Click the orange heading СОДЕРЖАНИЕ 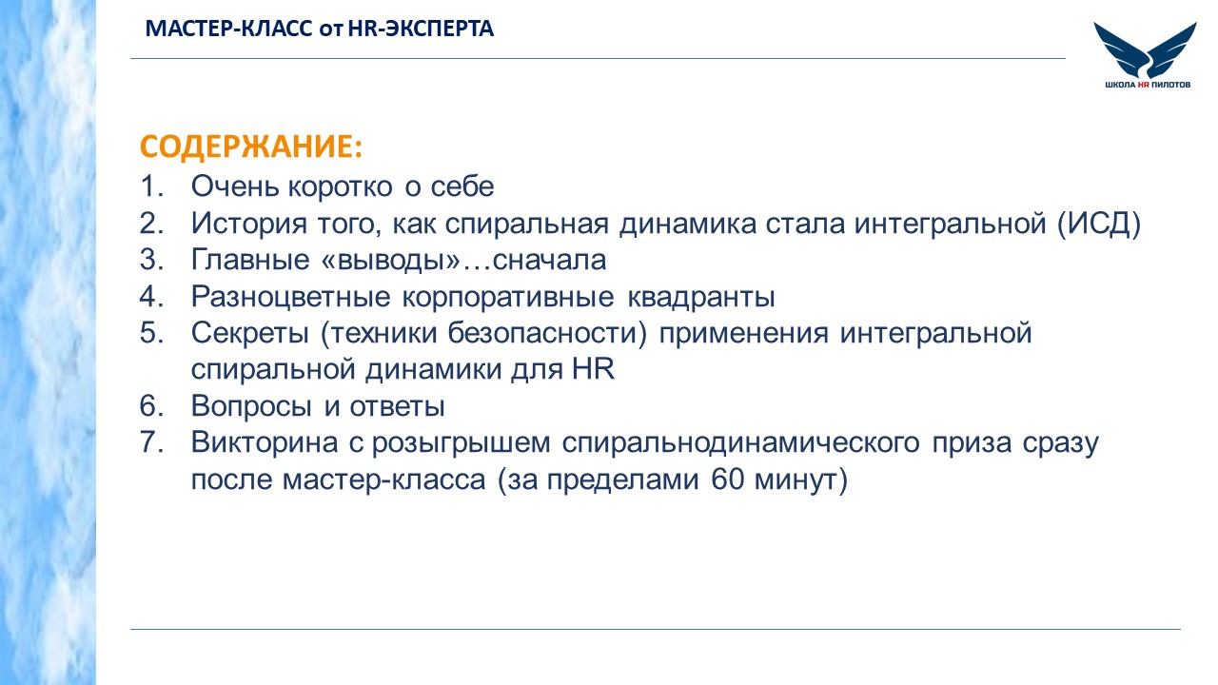click(250, 147)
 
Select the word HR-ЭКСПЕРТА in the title click(421, 29)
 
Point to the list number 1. click(151, 186)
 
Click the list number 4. click(151, 296)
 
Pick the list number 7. click(151, 442)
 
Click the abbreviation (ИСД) click(1098, 224)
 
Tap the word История click(249, 224)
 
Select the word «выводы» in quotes click(391, 260)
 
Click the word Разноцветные click(291, 297)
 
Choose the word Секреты click(250, 333)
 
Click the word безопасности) click(547, 333)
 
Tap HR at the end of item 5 click(593, 369)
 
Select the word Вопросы click(252, 406)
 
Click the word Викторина click(265, 442)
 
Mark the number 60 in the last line click(727, 479)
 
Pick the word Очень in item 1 click(234, 186)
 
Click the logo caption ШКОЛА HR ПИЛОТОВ click(1148, 85)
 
